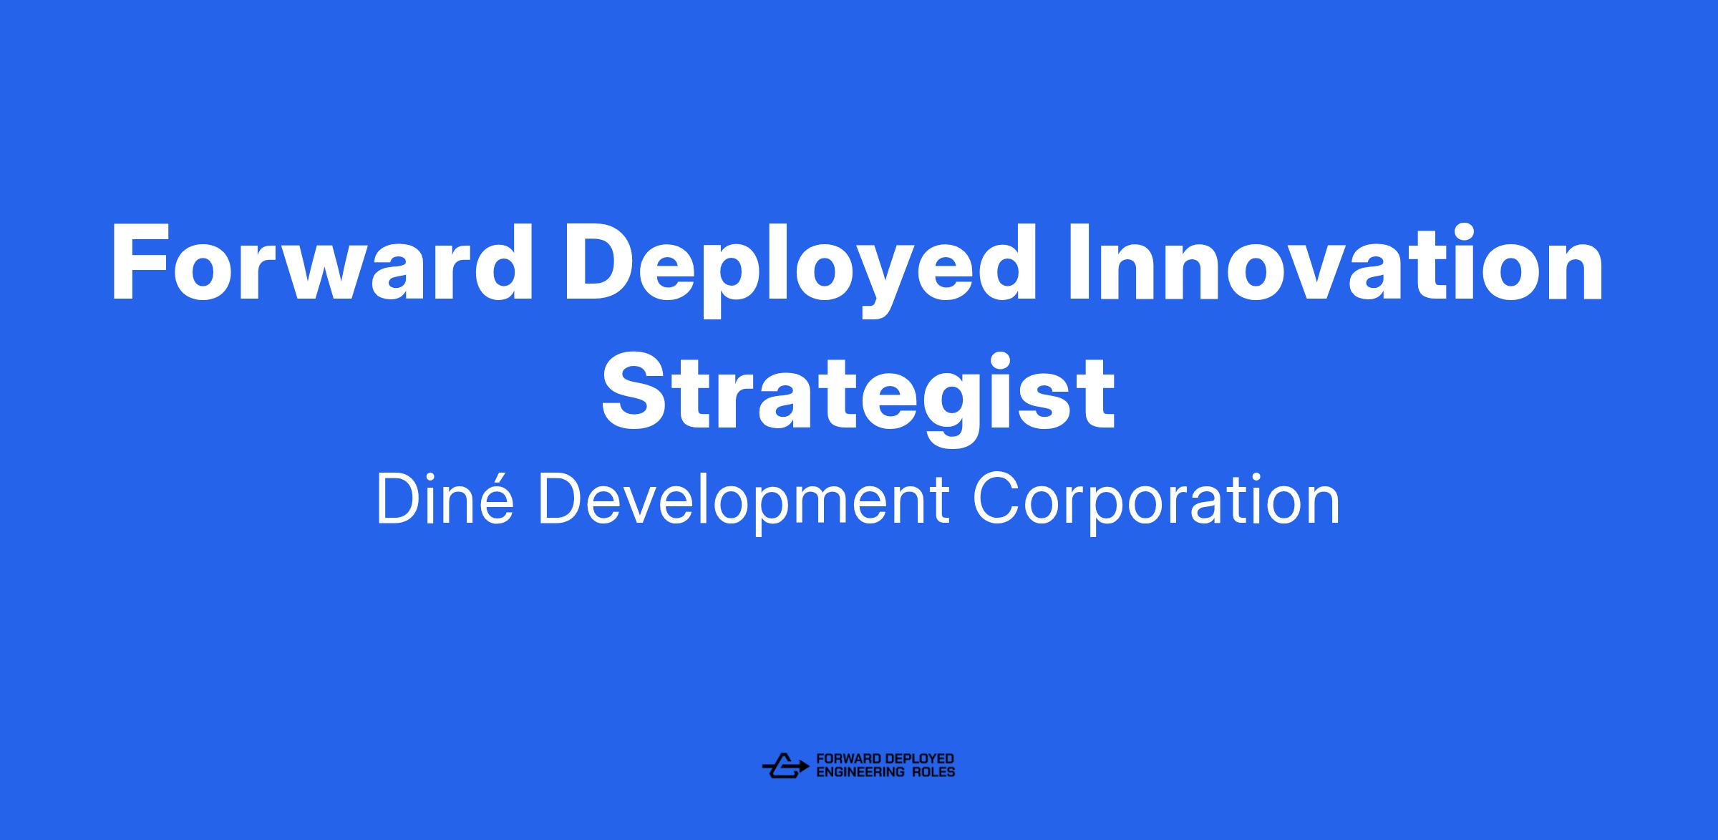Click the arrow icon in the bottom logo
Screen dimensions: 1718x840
pos(786,766)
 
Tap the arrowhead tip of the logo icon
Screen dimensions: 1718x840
pos(810,766)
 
